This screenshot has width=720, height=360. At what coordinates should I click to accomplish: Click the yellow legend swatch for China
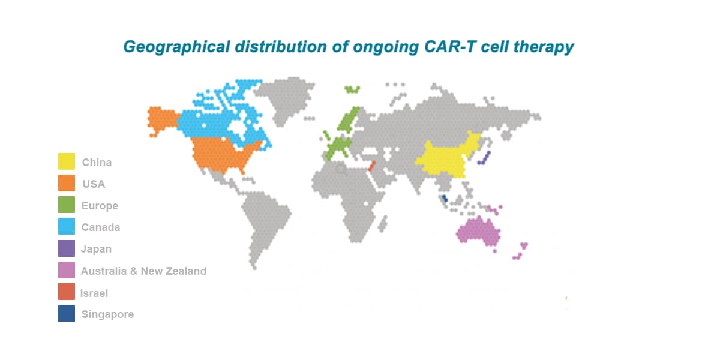[67, 162]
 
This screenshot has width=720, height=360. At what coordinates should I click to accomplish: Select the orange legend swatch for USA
[67, 184]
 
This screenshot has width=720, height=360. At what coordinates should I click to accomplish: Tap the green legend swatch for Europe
[67, 205]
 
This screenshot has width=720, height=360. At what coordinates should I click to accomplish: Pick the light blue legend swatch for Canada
[67, 227]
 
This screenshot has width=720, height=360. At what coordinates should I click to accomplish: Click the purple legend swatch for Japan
[67, 248]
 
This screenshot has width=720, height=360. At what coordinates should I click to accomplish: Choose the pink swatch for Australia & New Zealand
[67, 271]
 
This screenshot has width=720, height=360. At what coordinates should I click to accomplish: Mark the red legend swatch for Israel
[67, 292]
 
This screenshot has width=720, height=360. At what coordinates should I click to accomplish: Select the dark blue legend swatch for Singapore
[67, 314]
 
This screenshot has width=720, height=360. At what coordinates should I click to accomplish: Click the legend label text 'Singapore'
[107, 314]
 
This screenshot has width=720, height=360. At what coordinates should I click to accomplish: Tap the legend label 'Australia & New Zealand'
[143, 271]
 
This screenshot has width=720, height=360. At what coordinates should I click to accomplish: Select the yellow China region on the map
[444, 159]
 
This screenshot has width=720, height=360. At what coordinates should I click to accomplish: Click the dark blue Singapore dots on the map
[444, 199]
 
